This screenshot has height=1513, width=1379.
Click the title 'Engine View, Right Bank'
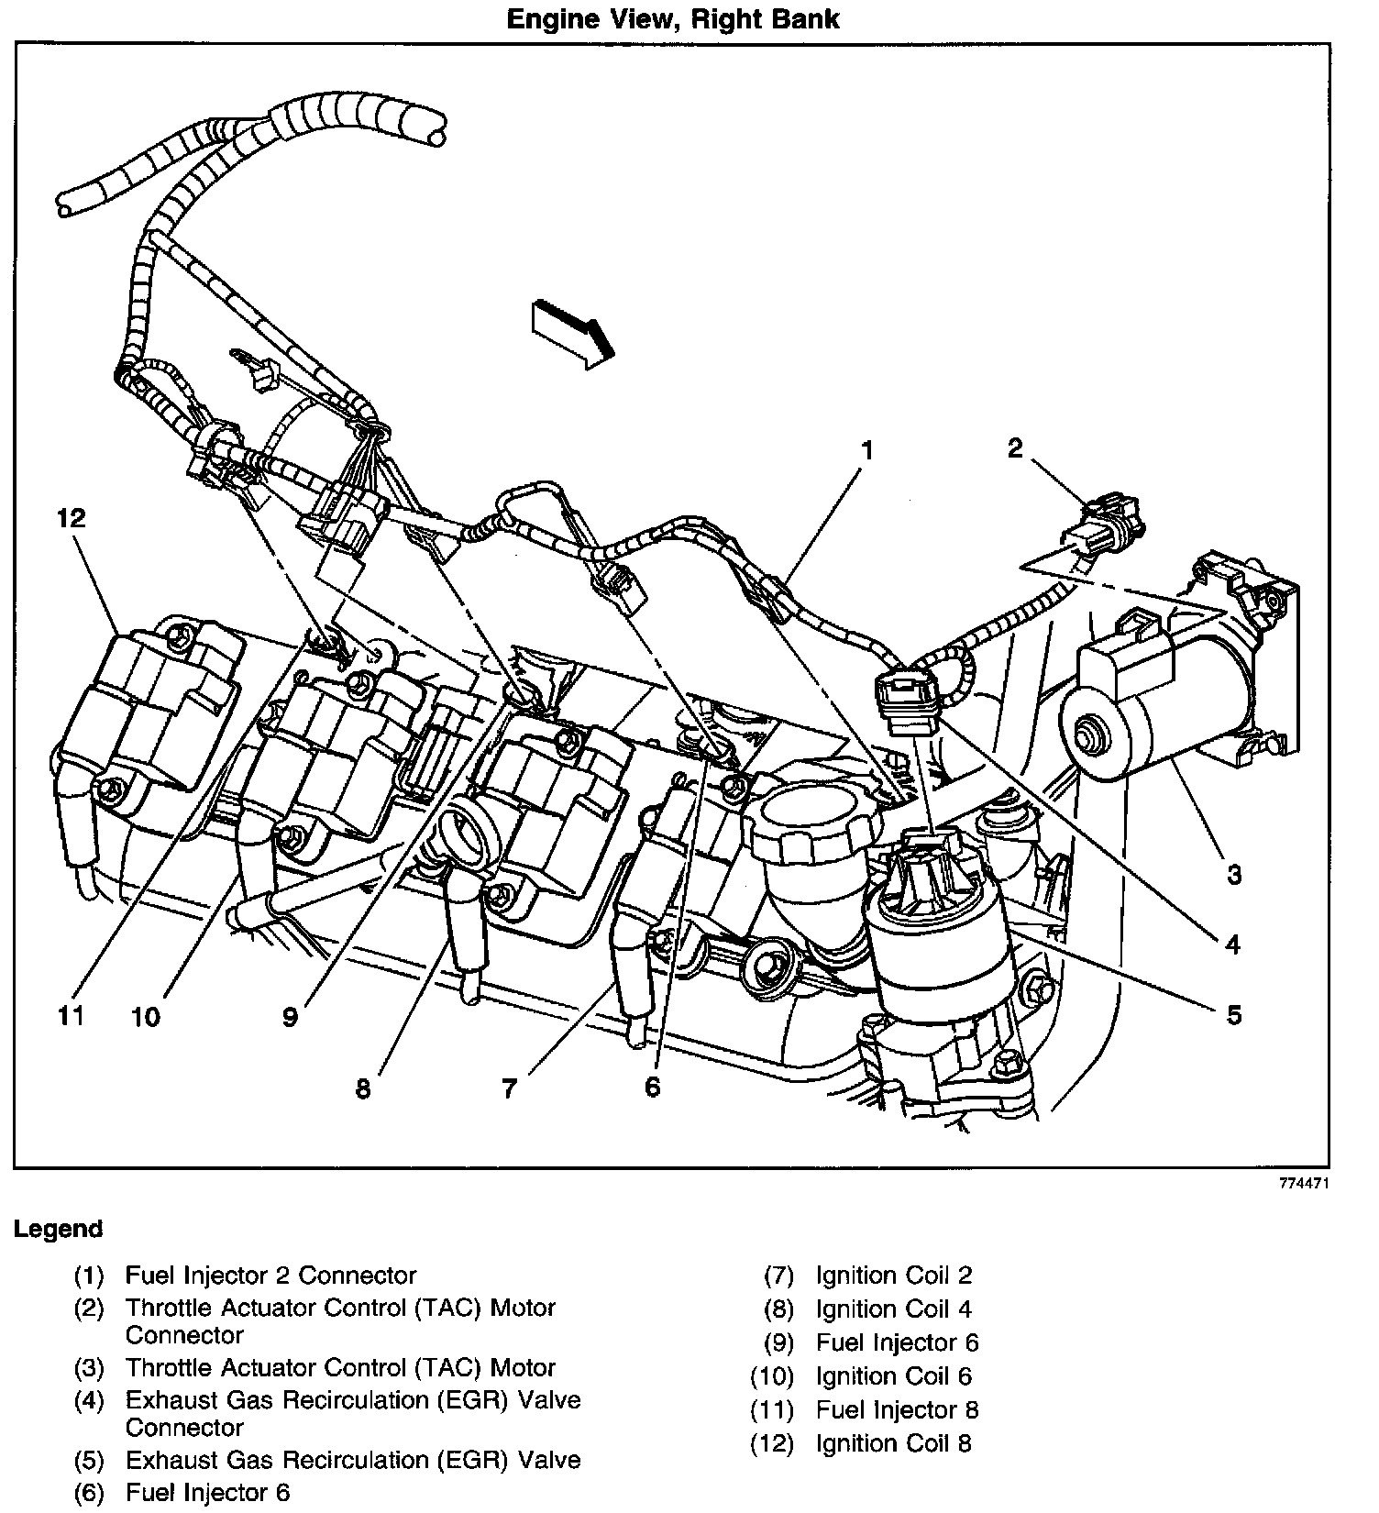click(673, 19)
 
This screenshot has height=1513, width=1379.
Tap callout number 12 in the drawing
click(71, 518)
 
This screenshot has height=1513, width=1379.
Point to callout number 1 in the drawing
click(866, 450)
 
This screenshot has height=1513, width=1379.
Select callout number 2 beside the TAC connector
click(1014, 448)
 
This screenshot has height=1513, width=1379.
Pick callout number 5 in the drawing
click(1234, 1015)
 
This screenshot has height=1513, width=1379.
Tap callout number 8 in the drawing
click(363, 1088)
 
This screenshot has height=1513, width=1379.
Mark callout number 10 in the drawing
click(145, 1016)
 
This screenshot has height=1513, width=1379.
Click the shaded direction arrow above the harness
click(571, 333)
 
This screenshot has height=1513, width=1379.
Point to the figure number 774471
click(1304, 1184)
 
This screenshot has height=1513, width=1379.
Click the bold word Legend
click(58, 1229)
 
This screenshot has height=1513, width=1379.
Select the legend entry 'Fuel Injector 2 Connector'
click(270, 1276)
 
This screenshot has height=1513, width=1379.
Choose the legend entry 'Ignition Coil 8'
click(893, 1443)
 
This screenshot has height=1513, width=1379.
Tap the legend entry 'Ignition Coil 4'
click(893, 1309)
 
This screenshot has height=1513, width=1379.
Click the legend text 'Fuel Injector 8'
click(897, 1409)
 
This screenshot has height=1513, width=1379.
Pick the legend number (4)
click(89, 1400)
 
